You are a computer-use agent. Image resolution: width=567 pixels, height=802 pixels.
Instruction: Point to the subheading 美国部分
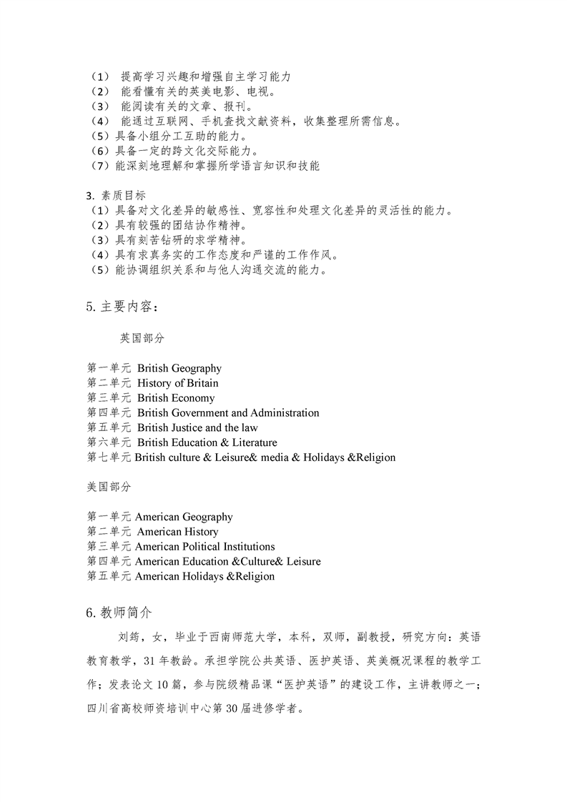[x=109, y=486]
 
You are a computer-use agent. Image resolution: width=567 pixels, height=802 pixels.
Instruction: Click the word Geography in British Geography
[x=196, y=369]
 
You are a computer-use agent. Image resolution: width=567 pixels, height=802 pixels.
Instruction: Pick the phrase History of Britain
[x=178, y=383]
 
